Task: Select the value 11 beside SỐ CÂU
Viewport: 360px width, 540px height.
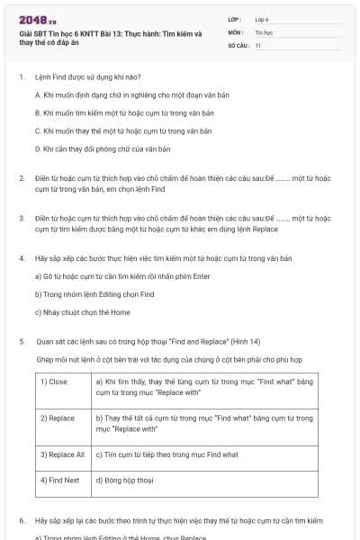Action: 257,44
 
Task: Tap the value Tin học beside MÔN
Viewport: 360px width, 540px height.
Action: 263,31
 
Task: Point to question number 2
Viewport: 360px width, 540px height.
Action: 22,178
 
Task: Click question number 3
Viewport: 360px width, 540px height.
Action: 22,218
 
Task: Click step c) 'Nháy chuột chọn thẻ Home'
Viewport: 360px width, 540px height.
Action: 82,312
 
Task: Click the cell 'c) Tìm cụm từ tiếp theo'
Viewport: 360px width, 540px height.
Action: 166,454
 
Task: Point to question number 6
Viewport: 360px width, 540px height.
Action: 22,520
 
